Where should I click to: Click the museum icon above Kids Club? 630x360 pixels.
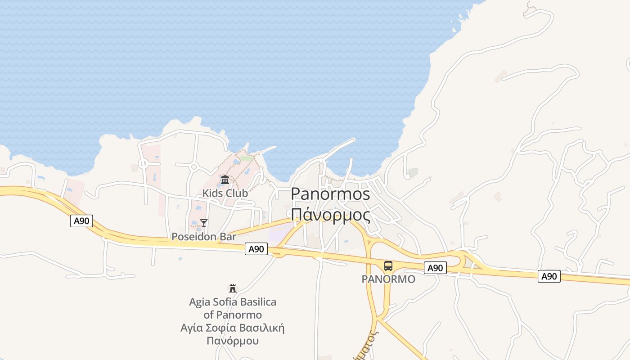click(x=225, y=180)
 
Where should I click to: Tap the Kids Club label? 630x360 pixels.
click(x=225, y=193)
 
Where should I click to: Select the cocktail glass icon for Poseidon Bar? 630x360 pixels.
click(x=204, y=223)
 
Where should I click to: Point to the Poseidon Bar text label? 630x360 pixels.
click(x=204, y=237)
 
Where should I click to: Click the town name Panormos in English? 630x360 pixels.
click(x=330, y=194)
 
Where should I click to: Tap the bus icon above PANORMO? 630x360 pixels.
click(x=388, y=266)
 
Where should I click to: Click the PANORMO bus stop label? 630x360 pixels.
click(x=388, y=279)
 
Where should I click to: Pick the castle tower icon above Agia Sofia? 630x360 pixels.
click(x=233, y=288)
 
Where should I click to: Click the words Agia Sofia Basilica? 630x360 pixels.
click(x=233, y=302)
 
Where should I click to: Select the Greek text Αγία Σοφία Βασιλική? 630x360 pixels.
click(x=233, y=328)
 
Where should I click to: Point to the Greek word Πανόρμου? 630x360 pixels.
click(x=233, y=340)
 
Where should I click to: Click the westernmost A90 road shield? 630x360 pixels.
click(x=81, y=221)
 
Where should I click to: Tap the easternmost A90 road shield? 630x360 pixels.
click(x=549, y=276)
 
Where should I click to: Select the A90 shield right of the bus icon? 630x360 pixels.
click(x=435, y=268)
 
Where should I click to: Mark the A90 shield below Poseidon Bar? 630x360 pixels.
click(x=256, y=249)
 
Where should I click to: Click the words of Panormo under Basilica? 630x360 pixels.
click(x=233, y=315)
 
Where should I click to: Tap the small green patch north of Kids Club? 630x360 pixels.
click(x=246, y=158)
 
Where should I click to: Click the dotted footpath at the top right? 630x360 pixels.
click(x=530, y=9)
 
